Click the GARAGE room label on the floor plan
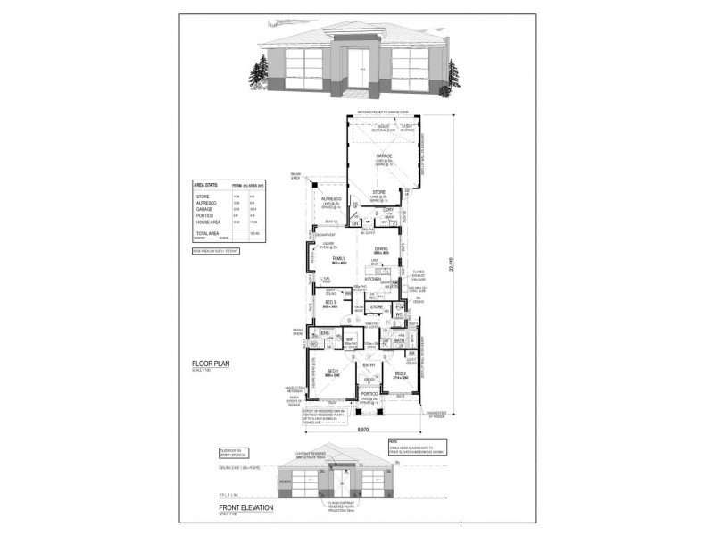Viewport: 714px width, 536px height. (384, 155)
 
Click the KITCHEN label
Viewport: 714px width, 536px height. (373, 280)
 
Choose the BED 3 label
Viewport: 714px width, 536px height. (330, 303)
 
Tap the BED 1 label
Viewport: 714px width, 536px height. (331, 371)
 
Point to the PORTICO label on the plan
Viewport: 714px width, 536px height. (369, 392)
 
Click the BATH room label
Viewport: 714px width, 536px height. (400, 340)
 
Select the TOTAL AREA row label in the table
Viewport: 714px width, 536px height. (207, 231)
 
